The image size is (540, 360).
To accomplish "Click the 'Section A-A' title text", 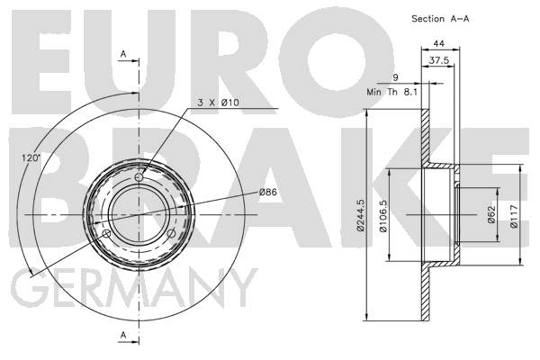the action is (x=440, y=19).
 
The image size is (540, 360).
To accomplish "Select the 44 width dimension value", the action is (x=439, y=44).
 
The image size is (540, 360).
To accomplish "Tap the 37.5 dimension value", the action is (x=439, y=60).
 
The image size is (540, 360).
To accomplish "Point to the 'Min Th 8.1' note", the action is (x=391, y=93).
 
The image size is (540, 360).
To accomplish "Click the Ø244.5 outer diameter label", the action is (x=361, y=214).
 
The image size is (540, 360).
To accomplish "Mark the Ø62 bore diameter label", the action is (x=491, y=214).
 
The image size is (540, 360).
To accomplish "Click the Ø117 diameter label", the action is (x=514, y=216).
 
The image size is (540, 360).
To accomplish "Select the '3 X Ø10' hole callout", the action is (x=218, y=103).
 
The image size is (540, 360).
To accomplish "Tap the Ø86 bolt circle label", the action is (x=268, y=192).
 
